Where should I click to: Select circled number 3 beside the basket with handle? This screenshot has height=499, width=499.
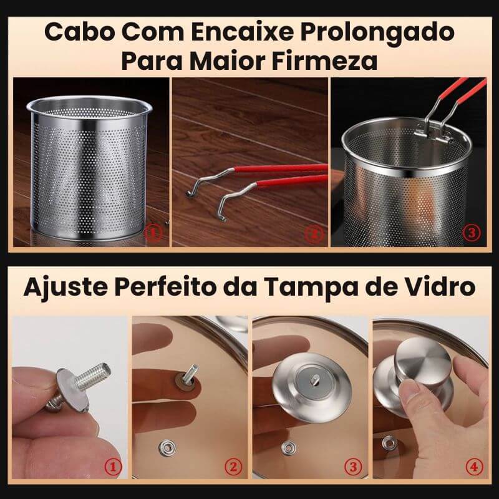[x=472, y=233]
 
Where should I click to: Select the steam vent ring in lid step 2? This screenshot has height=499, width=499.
[x=168, y=447]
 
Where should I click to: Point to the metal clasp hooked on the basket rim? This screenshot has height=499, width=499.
[x=430, y=134]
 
